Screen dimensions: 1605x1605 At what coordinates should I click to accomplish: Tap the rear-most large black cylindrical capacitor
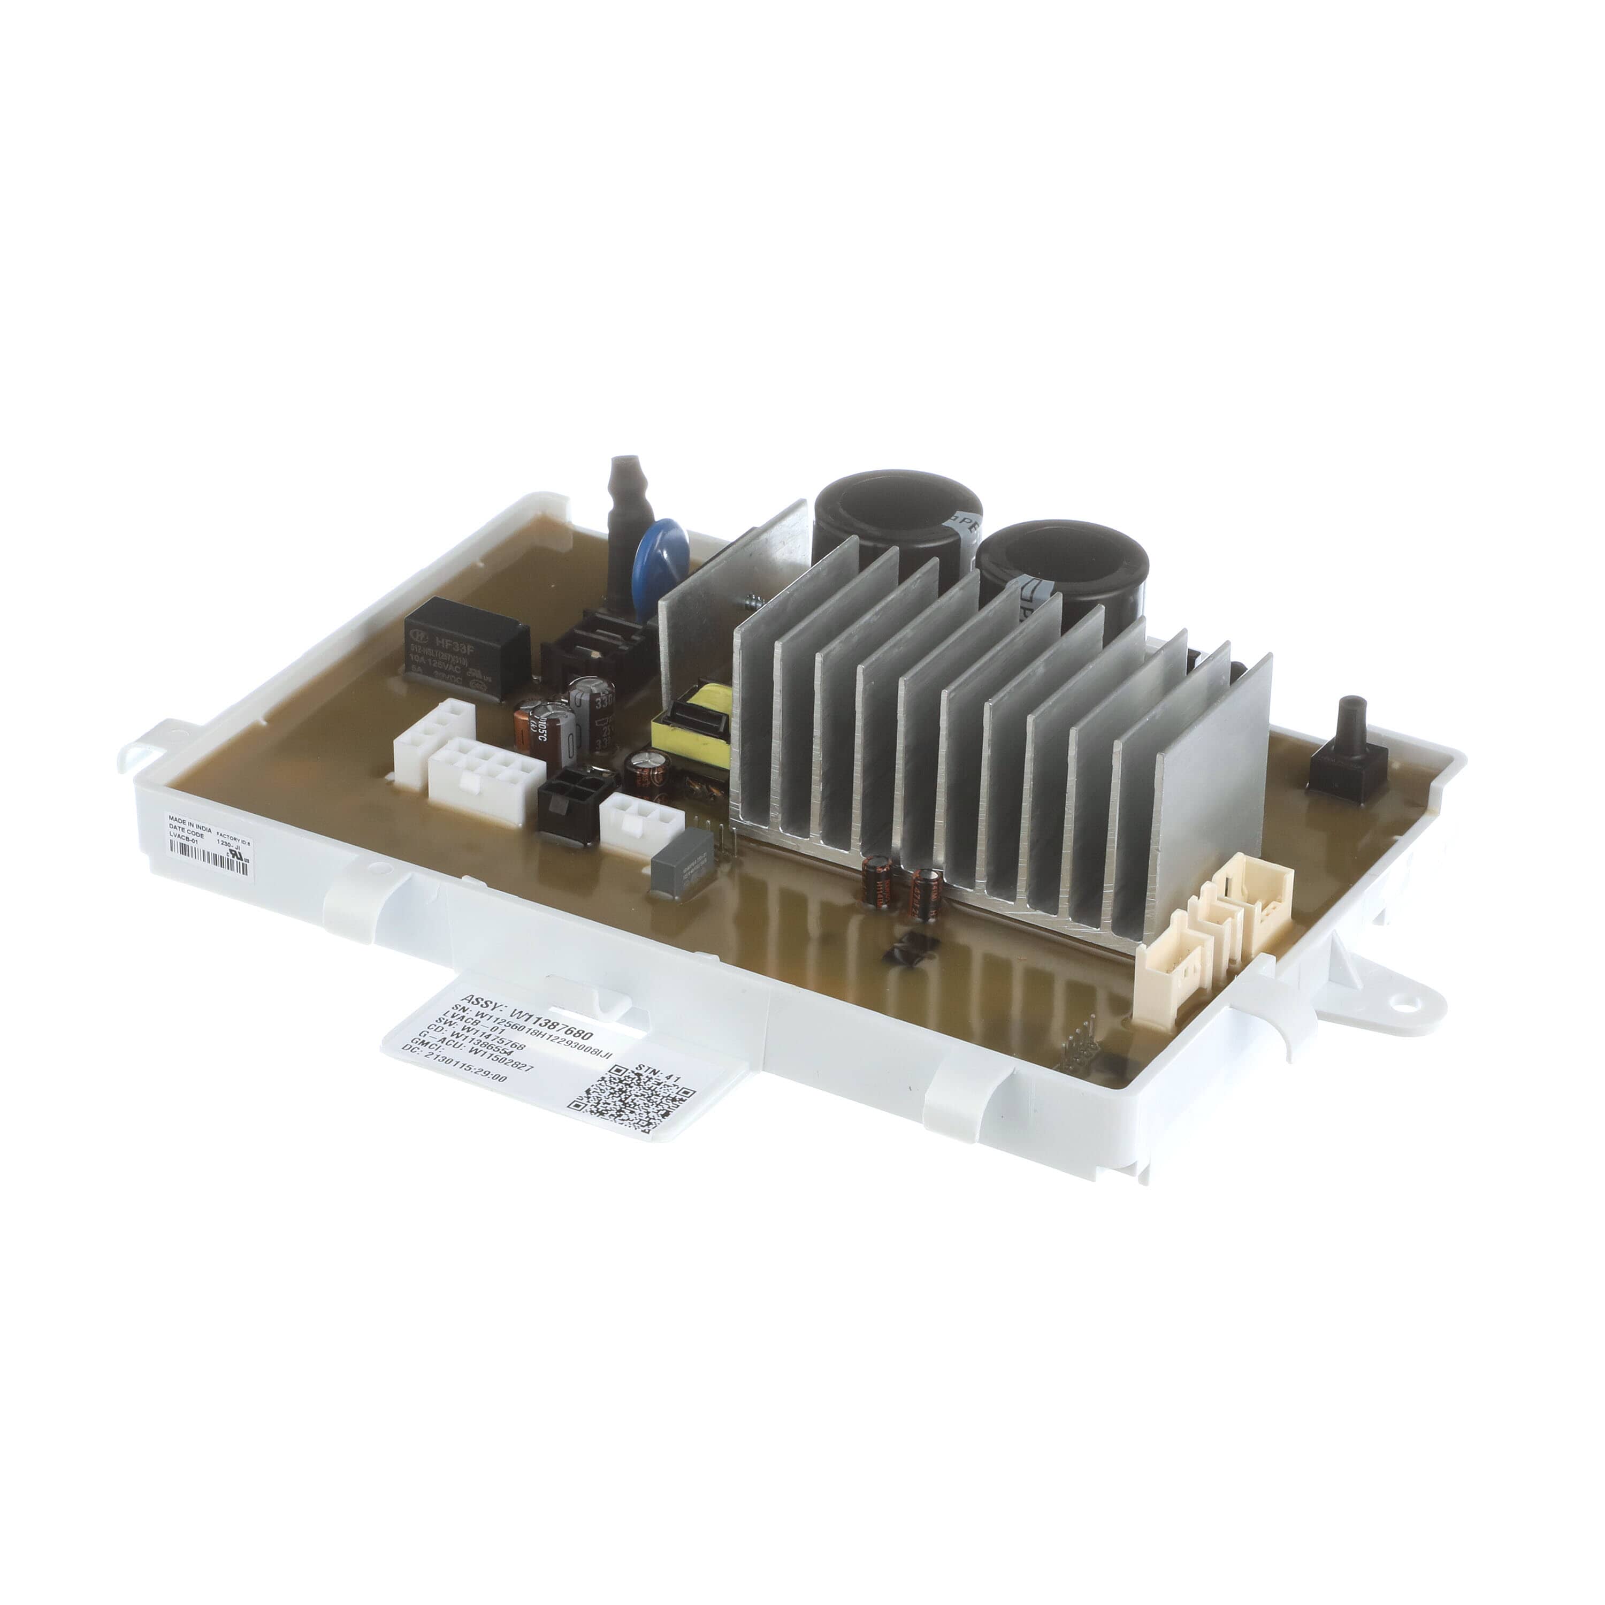[897, 519]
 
